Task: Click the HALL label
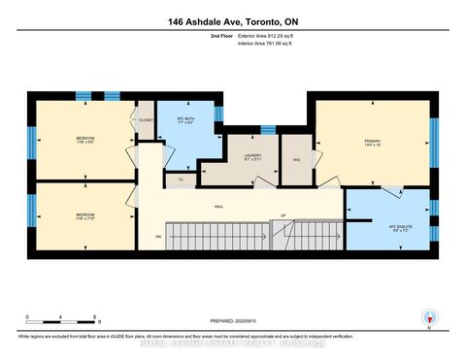(x=220, y=206)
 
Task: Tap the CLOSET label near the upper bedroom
(x=146, y=120)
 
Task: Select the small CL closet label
(x=181, y=179)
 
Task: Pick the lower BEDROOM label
(x=85, y=215)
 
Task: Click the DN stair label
(x=158, y=236)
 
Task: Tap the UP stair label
(x=283, y=215)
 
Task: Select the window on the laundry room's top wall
(x=267, y=129)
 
